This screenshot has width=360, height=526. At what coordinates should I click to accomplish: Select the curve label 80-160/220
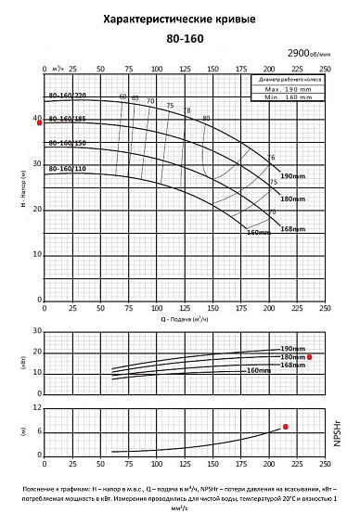[67, 96]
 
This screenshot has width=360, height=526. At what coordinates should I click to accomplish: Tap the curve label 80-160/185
[67, 119]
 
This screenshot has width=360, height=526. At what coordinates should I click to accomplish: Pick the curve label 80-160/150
[67, 144]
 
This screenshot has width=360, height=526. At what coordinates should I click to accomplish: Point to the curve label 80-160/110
[67, 169]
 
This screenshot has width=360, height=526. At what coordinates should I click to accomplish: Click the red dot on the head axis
[39, 122]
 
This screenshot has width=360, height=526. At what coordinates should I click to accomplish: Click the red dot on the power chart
[310, 356]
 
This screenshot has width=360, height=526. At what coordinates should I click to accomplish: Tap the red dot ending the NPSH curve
[286, 427]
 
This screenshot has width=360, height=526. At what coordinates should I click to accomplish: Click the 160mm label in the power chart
[258, 371]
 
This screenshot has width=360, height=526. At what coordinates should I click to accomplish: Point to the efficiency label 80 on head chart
[206, 118]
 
